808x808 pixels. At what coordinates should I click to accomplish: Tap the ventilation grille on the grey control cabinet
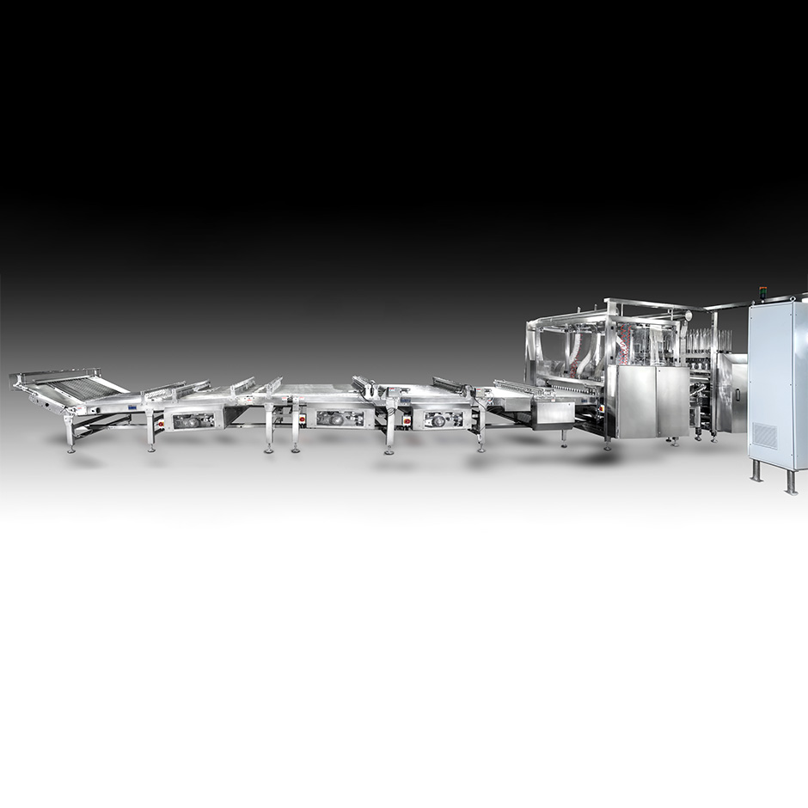click(x=765, y=436)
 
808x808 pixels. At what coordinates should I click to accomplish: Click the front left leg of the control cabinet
click(x=756, y=470)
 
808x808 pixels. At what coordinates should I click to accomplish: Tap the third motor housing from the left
click(x=441, y=419)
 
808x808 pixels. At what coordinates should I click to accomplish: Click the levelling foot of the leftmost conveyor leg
click(x=70, y=448)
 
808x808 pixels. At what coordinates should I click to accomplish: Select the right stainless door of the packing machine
click(x=673, y=401)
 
